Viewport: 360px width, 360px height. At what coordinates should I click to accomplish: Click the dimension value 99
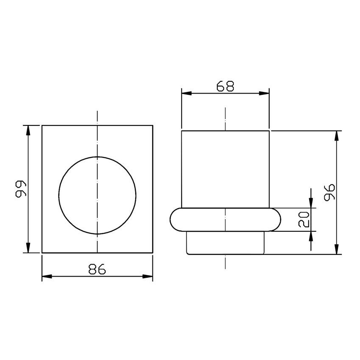click(x=20, y=189)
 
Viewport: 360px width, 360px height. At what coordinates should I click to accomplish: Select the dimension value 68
click(x=225, y=86)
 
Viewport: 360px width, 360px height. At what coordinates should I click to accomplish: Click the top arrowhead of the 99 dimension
click(x=28, y=130)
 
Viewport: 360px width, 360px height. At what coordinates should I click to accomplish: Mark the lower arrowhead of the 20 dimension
click(x=311, y=236)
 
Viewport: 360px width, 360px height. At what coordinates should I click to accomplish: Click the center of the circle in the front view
click(x=97, y=195)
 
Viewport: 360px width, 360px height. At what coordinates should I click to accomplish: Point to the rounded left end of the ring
click(x=174, y=220)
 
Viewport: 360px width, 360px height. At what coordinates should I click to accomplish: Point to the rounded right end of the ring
click(x=277, y=220)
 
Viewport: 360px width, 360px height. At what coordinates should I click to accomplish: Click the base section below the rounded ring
click(x=225, y=243)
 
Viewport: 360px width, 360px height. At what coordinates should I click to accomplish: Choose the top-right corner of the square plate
click(x=152, y=125)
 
